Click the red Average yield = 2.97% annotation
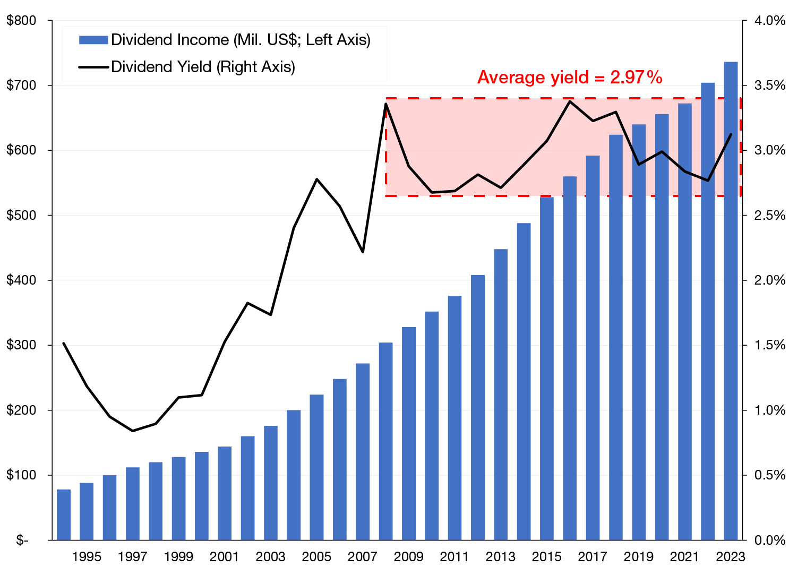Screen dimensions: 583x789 pyautogui.click(x=570, y=78)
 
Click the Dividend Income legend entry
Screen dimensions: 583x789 pyautogui.click(x=224, y=40)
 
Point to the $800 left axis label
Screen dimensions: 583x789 pyautogui.click(x=21, y=21)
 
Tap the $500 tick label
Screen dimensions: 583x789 pyautogui.click(x=21, y=216)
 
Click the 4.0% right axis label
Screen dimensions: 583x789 pyautogui.click(x=769, y=21)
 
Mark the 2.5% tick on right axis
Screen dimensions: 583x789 pyautogui.click(x=769, y=216)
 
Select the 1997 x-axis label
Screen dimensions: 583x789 pyautogui.click(x=133, y=556)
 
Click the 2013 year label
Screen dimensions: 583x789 pyautogui.click(x=501, y=556)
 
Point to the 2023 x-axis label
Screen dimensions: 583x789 pyautogui.click(x=731, y=556)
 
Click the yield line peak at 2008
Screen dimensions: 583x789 pyautogui.click(x=385, y=104)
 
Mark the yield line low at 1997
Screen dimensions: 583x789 pyautogui.click(x=133, y=431)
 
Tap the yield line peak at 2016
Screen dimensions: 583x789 pyautogui.click(x=570, y=101)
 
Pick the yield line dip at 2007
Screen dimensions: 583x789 pyautogui.click(x=363, y=252)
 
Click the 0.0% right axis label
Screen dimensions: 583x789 pyautogui.click(x=769, y=541)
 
